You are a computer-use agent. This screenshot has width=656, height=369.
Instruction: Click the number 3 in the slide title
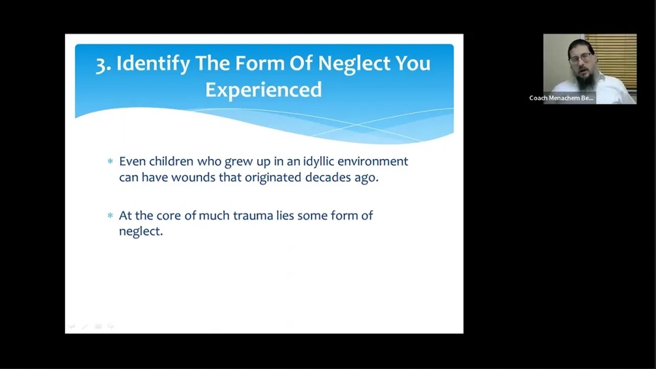point(101,65)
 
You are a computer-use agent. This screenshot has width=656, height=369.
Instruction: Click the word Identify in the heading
point(153,64)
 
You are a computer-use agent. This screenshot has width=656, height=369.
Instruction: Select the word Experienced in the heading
point(264,90)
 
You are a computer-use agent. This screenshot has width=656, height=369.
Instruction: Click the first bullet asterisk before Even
point(111,161)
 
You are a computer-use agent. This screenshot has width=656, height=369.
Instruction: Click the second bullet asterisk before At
point(111,215)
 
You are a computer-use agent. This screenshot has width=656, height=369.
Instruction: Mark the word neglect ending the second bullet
point(141,232)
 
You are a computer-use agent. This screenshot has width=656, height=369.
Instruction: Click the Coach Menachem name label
point(561,98)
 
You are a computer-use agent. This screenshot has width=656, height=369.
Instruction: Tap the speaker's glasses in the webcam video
point(581,58)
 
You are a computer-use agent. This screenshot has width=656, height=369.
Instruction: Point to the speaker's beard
point(584,79)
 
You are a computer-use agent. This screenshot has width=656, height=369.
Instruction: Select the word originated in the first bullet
point(273,178)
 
